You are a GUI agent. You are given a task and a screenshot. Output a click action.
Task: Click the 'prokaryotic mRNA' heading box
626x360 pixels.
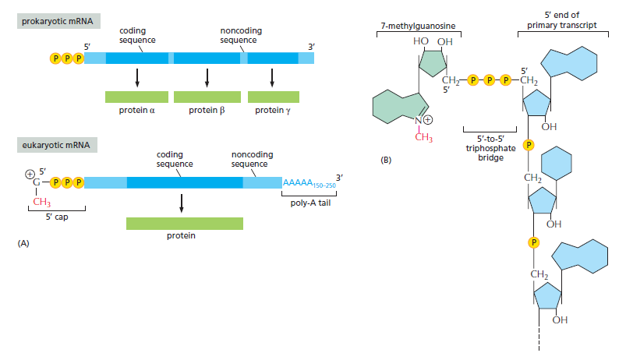click(58, 21)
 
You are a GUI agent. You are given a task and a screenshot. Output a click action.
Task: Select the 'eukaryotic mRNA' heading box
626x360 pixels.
click(57, 145)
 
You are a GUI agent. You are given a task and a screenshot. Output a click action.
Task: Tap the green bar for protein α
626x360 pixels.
click(136, 97)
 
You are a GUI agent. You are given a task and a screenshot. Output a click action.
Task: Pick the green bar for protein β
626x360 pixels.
click(207, 97)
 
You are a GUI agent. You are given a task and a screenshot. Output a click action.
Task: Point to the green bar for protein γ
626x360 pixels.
click(274, 97)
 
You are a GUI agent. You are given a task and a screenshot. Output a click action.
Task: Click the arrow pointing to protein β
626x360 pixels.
click(207, 78)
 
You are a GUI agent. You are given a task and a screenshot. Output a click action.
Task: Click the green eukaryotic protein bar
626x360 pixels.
click(185, 224)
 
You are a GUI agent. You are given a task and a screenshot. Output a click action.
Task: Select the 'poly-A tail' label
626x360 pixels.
click(310, 203)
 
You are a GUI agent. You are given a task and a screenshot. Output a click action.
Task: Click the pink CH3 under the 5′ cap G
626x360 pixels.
click(41, 202)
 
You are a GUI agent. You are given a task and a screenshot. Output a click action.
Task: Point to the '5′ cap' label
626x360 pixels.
click(57, 217)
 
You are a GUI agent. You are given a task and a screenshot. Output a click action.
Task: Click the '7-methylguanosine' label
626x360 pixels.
click(418, 26)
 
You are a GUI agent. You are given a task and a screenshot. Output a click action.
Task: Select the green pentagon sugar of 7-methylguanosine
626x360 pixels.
click(433, 63)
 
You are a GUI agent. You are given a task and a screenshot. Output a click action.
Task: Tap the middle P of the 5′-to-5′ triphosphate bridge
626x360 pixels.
click(490, 80)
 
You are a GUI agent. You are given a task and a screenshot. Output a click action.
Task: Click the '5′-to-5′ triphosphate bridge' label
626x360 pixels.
click(490, 148)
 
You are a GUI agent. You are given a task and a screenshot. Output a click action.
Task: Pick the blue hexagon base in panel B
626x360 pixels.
click(556, 163)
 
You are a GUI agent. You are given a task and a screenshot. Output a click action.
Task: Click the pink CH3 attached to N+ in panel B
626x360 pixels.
click(423, 137)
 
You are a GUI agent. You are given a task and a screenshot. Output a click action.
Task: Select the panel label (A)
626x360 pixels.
click(23, 243)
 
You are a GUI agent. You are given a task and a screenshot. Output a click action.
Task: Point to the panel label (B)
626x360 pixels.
click(386, 160)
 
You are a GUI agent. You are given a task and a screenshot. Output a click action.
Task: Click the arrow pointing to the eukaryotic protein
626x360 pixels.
click(182, 203)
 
